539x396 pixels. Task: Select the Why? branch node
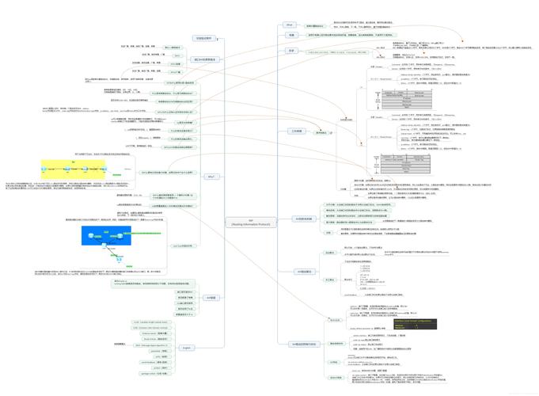click(x=211, y=176)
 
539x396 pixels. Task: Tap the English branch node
click(x=187, y=348)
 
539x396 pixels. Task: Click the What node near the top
click(x=290, y=25)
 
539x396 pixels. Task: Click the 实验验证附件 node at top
click(x=204, y=38)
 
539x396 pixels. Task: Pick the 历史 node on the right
click(x=291, y=51)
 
